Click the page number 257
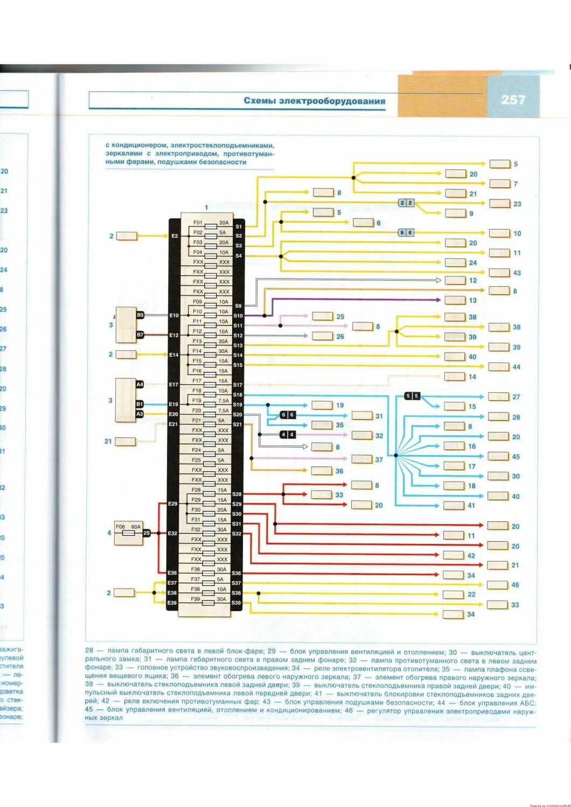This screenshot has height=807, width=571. coord(512,100)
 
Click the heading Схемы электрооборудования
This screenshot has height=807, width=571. coord(314,101)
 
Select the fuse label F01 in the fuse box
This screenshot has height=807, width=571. coord(198,222)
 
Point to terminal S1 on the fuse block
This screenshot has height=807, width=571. coord(239,226)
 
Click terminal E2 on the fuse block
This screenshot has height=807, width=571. coord(174,236)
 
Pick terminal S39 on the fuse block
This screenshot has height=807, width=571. coord(236,603)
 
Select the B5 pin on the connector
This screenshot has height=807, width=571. coord(140,315)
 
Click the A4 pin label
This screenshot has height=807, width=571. coord(140,385)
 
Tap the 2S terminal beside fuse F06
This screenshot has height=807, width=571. coord(147,533)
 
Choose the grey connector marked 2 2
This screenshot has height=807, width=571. coord(406,203)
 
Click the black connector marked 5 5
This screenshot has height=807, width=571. coord(412,396)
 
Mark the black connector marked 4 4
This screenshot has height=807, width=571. coord(288,434)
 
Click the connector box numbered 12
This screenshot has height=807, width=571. coord(455,280)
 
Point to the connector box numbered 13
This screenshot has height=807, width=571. coord(455,300)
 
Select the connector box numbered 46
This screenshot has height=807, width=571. coord(498,585)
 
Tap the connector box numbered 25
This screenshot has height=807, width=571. coord(323,316)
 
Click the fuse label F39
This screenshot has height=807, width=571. coord(196,599)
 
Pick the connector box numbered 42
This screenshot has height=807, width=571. coord(454,555)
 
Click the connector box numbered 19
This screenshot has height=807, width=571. coord(322,405)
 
